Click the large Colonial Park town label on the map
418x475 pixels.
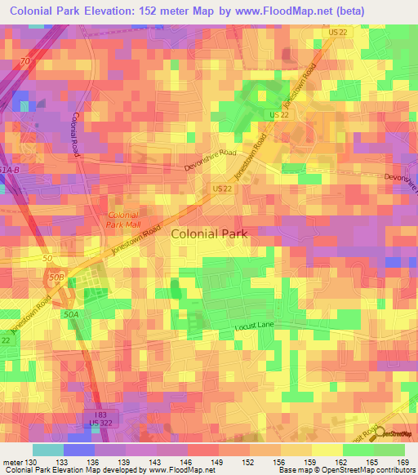(x=209, y=233)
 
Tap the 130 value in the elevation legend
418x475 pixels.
(x=30, y=463)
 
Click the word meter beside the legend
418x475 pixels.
(x=11, y=463)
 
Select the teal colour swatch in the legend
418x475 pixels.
(x=47, y=450)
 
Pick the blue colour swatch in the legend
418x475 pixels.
(x=79, y=450)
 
